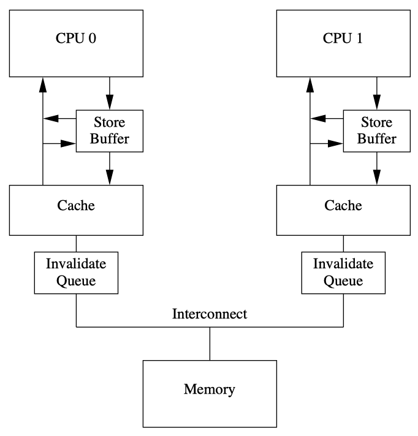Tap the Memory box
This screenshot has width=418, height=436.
[209, 389]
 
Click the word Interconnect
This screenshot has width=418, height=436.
[210, 315]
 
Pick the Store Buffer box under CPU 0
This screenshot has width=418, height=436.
[110, 131]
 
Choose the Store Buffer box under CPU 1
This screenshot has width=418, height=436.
[377, 131]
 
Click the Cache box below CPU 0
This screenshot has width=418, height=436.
[76, 206]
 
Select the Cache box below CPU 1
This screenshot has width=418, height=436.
[343, 206]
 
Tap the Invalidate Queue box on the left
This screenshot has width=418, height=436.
[76, 273]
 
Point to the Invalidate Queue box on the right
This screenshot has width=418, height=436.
[343, 273]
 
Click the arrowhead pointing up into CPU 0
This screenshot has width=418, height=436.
[42, 85]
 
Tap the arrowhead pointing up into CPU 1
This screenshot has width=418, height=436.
[310, 85]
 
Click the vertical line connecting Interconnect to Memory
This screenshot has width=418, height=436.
[210, 344]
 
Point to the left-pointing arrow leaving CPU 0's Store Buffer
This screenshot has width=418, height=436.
[58, 118]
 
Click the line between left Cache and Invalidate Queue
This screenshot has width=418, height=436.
[76, 243]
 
